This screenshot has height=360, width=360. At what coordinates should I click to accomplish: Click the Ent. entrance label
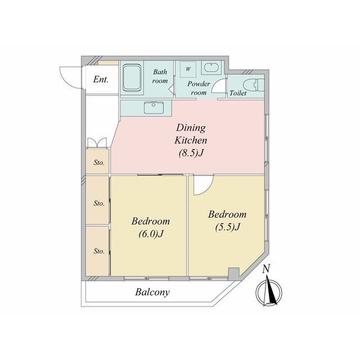tap(101, 80)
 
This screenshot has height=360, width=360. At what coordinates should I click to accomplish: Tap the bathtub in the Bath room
tap(132, 78)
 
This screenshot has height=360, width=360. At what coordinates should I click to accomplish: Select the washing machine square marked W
tap(188, 69)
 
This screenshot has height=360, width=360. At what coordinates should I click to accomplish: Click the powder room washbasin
tap(211, 67)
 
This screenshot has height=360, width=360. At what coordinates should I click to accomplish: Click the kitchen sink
tap(154, 107)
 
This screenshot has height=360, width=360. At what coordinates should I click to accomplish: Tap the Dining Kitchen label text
tap(191, 134)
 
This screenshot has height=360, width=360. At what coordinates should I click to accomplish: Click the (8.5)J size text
tap(191, 153)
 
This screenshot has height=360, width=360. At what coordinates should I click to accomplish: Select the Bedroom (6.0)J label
tap(151, 227)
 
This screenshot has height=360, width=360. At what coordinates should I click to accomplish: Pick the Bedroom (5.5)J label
tap(227, 220)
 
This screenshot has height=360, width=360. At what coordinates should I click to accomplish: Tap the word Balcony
tap(152, 292)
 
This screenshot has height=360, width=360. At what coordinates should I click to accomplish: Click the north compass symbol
tap(269, 291)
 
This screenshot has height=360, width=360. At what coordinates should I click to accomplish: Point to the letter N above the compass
tap(266, 269)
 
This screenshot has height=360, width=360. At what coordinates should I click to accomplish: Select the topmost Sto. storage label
tap(99, 163)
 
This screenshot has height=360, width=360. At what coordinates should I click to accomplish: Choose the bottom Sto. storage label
tap(99, 251)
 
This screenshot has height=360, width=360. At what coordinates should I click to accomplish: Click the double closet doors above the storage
tap(97, 142)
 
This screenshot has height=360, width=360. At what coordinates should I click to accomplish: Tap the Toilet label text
tap(238, 93)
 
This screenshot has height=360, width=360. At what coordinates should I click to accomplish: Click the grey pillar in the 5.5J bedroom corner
tap(234, 273)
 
